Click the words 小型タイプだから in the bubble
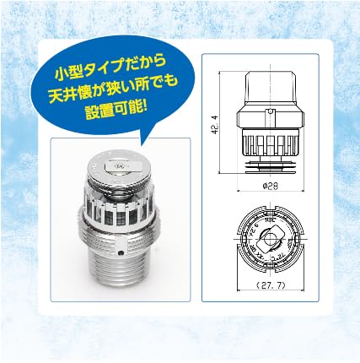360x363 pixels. [x=106, y=65]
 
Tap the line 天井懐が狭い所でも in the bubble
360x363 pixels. [x=108, y=87]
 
